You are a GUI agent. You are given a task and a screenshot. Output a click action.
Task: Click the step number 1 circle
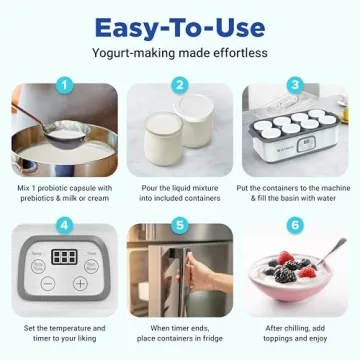pyautogui.click(x=63, y=86)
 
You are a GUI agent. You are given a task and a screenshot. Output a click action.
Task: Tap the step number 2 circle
pyautogui.click(x=180, y=86)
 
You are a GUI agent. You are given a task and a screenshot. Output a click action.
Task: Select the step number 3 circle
pyautogui.click(x=296, y=86)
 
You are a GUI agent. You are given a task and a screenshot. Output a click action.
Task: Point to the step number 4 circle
pyautogui.click(x=63, y=225)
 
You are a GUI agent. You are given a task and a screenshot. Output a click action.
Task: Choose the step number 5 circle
pyautogui.click(x=180, y=225)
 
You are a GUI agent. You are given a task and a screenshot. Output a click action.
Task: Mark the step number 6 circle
pyautogui.click(x=296, y=225)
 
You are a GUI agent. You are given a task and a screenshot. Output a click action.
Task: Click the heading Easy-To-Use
pyautogui.click(x=180, y=25)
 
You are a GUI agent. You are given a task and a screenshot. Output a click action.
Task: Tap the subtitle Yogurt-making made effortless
pyautogui.click(x=180, y=53)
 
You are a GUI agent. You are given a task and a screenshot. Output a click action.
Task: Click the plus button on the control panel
pyautogui.click(x=81, y=283)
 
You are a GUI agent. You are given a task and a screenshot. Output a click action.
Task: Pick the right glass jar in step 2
pyautogui.click(x=198, y=130)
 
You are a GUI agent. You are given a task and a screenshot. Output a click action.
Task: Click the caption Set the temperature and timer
pyautogui.click(x=63, y=333)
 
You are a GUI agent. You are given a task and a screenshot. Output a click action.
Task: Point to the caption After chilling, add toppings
pyautogui.click(x=296, y=333)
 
